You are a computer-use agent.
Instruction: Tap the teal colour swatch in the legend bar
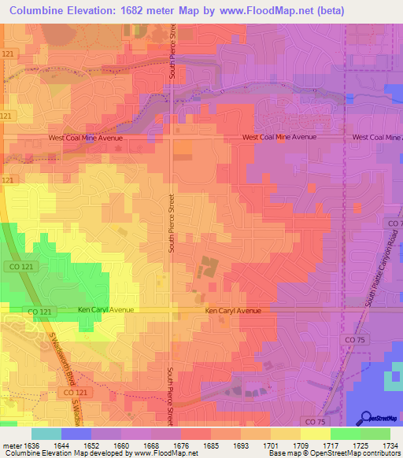pos(46,434)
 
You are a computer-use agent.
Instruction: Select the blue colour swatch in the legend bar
pos(76,434)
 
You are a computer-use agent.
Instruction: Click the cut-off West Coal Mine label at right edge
pos(377,137)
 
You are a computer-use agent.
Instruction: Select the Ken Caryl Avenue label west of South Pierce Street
pos(106,310)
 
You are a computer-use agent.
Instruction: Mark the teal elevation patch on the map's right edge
pos(393,380)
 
